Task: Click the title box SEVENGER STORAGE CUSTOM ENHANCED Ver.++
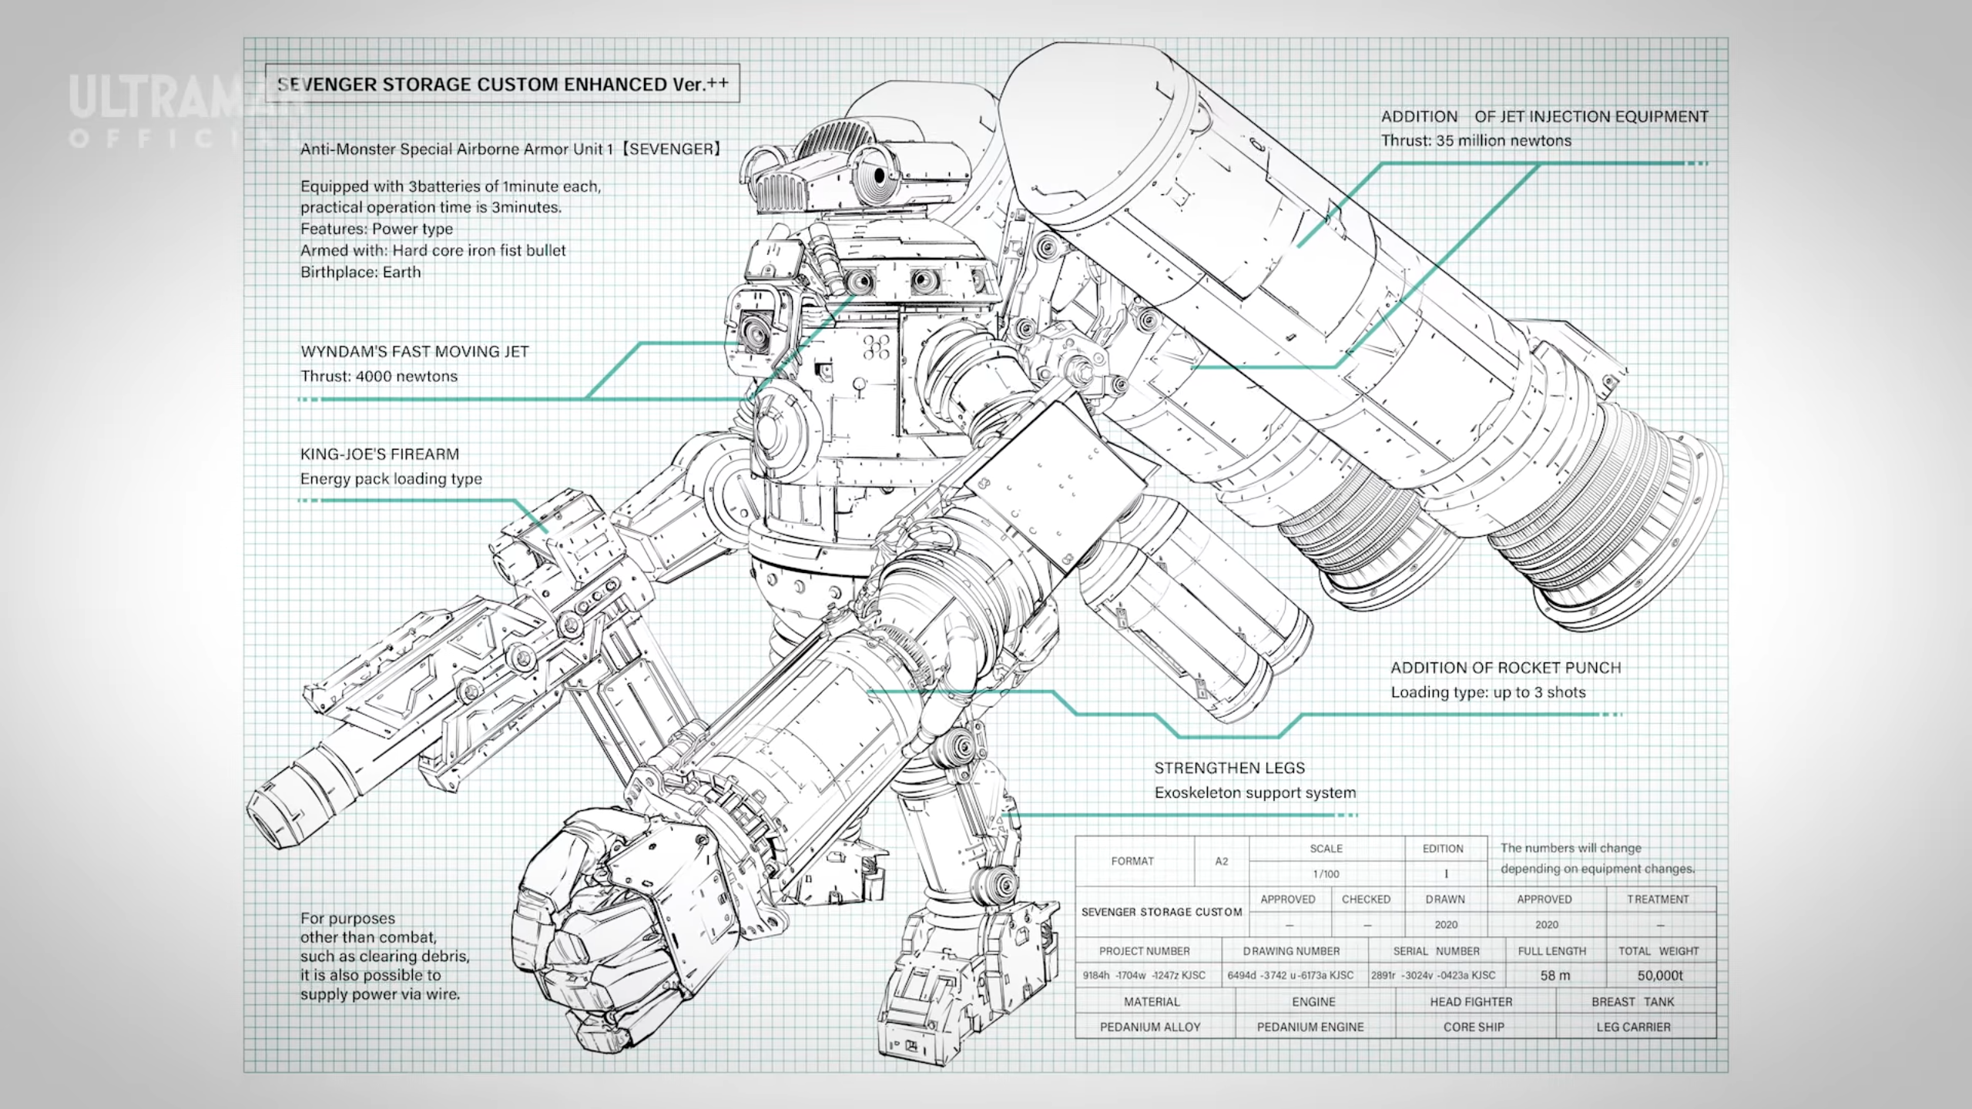point(502,84)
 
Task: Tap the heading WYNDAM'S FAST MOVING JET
point(414,352)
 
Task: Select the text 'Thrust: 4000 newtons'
point(379,377)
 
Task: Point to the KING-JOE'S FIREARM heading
point(380,454)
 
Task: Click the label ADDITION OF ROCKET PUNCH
point(1506,668)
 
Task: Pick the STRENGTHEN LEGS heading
point(1229,768)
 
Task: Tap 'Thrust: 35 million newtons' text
point(1476,141)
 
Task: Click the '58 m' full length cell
point(1554,975)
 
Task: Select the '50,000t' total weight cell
point(1660,975)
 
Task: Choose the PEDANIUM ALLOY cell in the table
point(1150,1027)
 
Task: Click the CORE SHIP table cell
point(1474,1027)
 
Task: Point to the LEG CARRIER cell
point(1633,1027)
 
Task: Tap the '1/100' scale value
point(1326,874)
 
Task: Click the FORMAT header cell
point(1132,861)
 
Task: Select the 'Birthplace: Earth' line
point(361,273)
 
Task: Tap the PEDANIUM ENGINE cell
point(1310,1027)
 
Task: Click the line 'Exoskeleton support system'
point(1255,793)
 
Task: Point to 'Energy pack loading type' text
point(391,479)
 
